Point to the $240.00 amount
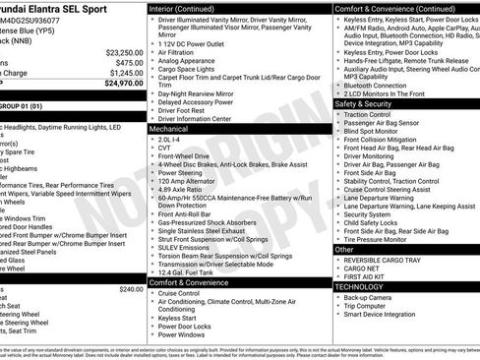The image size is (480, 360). click(x=131, y=289)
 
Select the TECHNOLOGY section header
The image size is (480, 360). click(x=360, y=286)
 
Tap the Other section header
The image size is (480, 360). click(x=344, y=250)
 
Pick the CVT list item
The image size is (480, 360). click(x=164, y=148)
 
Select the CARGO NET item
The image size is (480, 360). click(x=361, y=269)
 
